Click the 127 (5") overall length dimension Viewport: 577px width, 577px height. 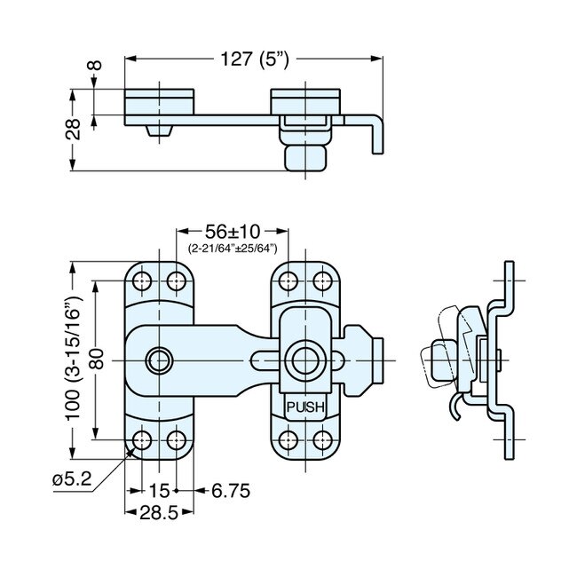click(x=253, y=59)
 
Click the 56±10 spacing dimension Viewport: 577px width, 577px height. click(x=233, y=233)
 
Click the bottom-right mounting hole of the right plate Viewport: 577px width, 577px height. click(x=321, y=439)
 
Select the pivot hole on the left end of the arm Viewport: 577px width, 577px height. click(x=160, y=360)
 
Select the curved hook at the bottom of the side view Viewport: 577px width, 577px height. click(x=454, y=404)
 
